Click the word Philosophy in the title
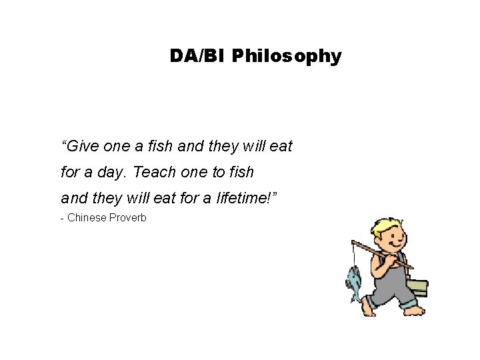point(286,57)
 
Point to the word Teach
point(153,172)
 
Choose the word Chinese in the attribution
point(87,217)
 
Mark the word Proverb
point(127,217)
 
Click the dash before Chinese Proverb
point(62,218)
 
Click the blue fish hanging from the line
point(354,280)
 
